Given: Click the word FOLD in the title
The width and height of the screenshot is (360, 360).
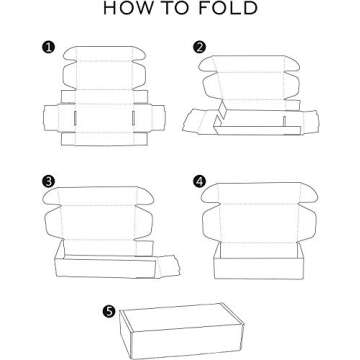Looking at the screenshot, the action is (228, 8).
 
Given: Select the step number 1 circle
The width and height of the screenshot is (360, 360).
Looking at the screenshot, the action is (49, 47).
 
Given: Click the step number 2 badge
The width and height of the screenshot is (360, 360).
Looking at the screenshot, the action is (200, 47).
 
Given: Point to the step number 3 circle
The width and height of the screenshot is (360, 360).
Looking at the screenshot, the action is (49, 182).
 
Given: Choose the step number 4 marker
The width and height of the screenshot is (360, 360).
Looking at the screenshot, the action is (200, 182).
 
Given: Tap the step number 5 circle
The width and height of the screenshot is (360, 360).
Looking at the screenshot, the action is (109, 312).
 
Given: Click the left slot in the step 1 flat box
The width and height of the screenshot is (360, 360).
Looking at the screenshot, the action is (75, 118).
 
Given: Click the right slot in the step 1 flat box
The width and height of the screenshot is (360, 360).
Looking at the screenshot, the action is (133, 118).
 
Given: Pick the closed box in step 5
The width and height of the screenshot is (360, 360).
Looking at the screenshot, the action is (182, 331).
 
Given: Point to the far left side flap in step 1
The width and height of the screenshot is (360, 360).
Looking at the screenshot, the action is (51, 118).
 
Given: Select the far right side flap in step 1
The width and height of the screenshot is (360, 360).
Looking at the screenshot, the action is (158, 118).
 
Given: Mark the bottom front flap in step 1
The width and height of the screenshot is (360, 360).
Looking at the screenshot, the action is (104, 139).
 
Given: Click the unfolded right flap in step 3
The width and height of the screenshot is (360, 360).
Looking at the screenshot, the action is (168, 266).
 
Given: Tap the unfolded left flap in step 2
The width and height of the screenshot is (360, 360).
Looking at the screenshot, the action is (199, 122).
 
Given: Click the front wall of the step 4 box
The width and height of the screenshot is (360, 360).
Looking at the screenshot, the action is (259, 268).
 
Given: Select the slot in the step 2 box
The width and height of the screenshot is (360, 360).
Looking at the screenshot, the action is (284, 121).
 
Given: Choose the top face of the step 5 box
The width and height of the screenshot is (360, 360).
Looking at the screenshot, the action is (182, 317).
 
